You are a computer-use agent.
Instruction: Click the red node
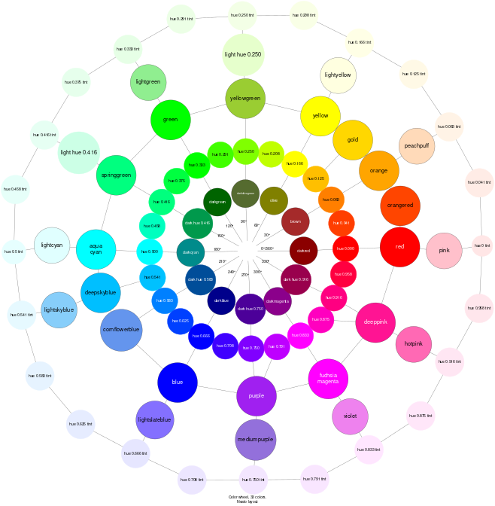tap(399, 247)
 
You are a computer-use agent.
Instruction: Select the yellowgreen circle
tap(245, 99)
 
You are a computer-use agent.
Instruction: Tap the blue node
tap(178, 382)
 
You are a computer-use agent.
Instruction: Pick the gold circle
tap(353, 140)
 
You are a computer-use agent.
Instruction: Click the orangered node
tap(400, 206)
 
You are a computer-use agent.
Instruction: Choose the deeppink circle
tap(375, 322)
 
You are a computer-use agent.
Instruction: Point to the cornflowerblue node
tap(121, 330)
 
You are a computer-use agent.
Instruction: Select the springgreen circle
tap(116, 175)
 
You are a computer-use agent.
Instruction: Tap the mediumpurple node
tap(255, 440)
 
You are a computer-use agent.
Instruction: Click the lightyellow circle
tap(338, 75)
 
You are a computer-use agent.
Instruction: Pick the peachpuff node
tap(416, 146)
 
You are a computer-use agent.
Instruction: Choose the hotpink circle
tap(413, 344)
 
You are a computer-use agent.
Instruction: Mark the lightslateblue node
tap(155, 420)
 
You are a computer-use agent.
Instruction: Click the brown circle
tap(296, 222)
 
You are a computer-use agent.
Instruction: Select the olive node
tap(274, 200)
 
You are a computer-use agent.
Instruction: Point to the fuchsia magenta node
tap(328, 378)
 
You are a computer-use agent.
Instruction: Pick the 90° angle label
tap(244, 221)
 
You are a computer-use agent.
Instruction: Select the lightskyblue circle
tap(59, 310)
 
